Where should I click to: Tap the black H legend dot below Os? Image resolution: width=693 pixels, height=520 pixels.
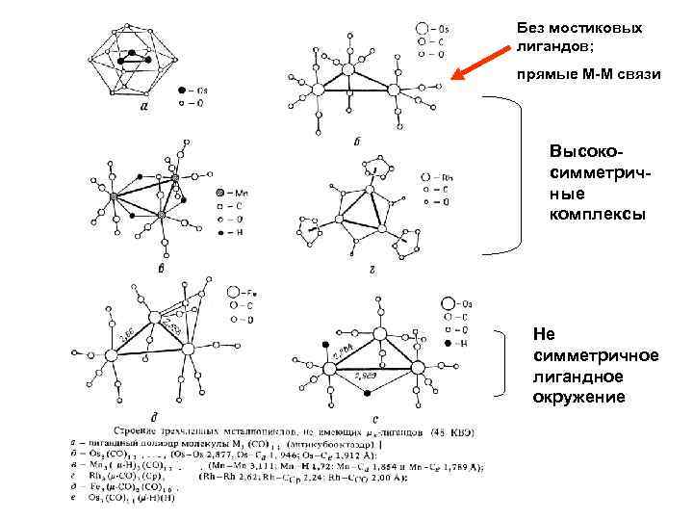click(x=449, y=342)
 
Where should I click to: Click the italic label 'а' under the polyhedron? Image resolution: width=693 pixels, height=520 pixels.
click(x=143, y=108)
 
